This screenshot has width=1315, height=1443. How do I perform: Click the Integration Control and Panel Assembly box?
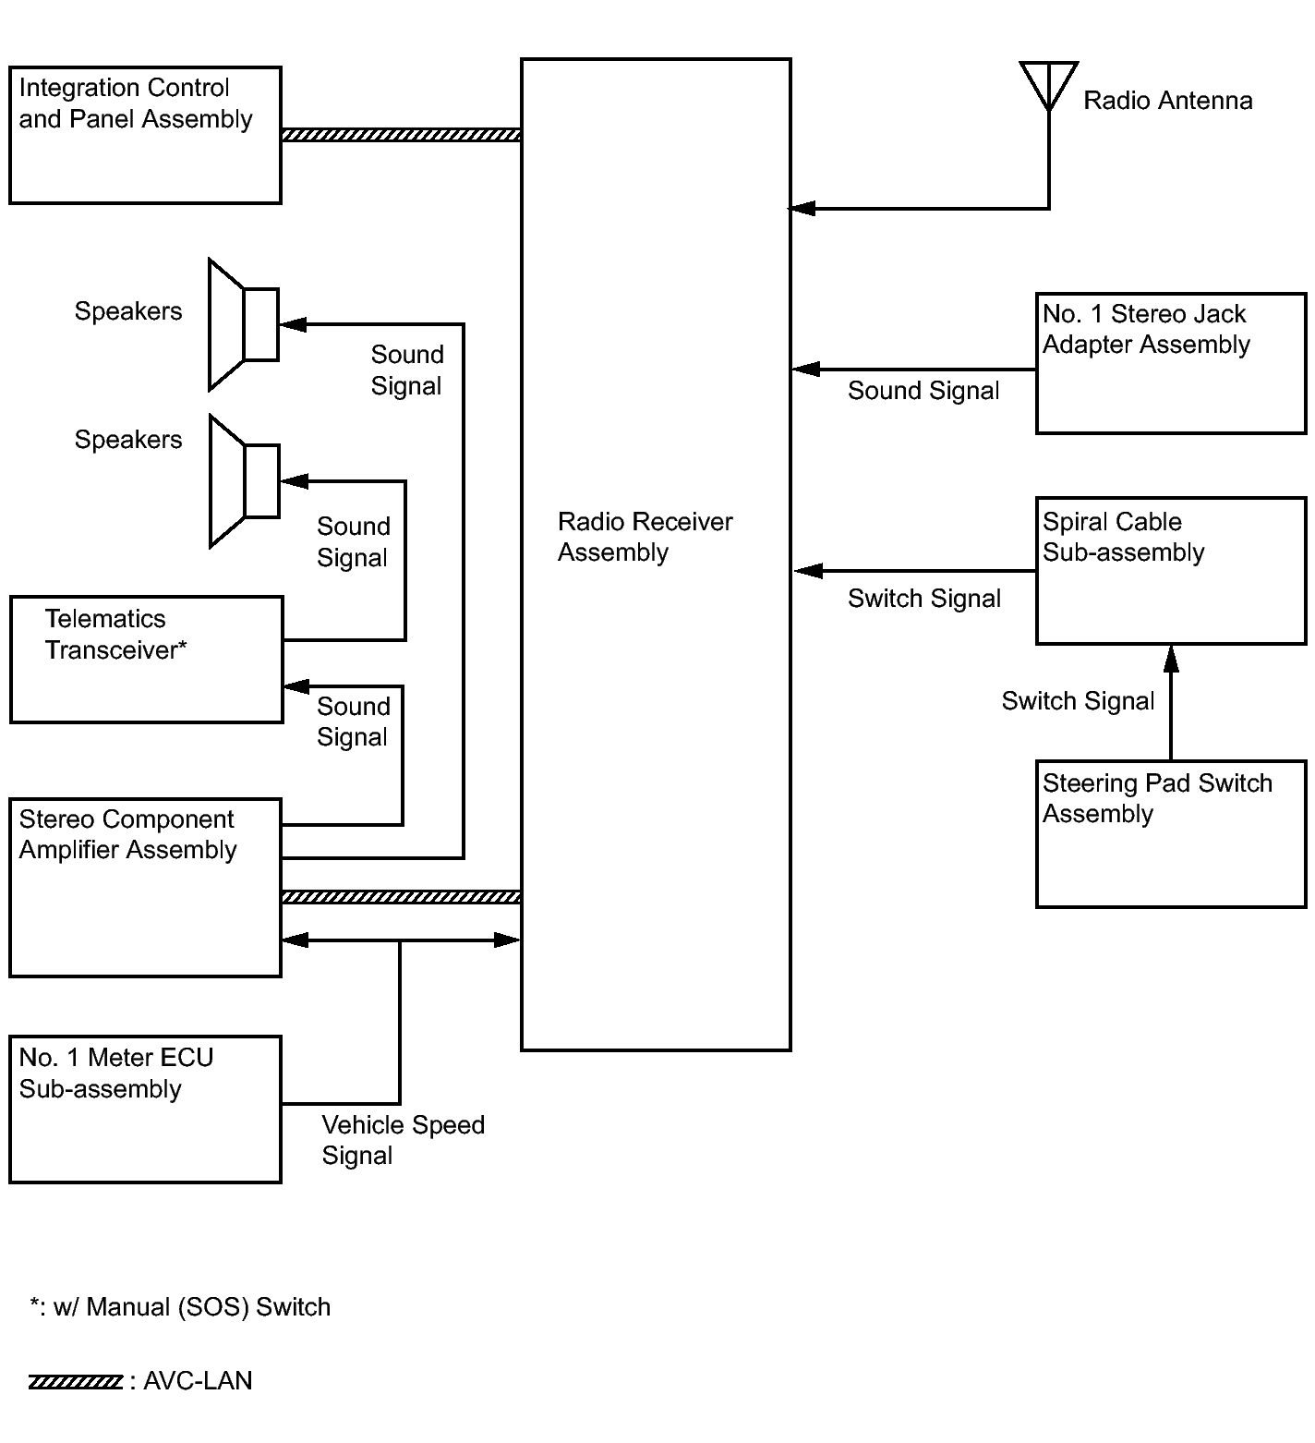145,135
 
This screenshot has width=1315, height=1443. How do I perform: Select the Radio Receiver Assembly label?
645,537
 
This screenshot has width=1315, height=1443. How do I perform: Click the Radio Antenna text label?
1167,101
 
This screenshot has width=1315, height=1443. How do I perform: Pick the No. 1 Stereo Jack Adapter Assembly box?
1171,363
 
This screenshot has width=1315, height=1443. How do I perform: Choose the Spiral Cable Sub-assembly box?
1171,571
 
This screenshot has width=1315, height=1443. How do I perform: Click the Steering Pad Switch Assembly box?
1171,833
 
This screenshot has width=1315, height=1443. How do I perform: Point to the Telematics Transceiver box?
146,659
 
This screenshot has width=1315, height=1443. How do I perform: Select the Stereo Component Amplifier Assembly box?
145,887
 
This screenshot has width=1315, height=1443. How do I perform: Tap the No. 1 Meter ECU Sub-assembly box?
145,1109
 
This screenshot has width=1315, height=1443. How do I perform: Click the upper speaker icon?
243,324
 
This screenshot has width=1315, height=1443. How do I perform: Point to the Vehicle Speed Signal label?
403,1140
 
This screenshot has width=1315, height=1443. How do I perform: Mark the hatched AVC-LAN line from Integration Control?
401,135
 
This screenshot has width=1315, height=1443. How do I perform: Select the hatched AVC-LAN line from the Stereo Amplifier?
401,897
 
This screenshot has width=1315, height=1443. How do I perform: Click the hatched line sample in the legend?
76,1382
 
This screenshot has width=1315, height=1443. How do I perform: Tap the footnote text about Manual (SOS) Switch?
180,1307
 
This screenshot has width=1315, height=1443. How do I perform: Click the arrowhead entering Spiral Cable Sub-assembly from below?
1171,658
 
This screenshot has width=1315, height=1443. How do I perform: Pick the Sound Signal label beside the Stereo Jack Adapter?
923,391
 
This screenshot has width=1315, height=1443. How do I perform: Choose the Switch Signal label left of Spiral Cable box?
923,599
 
